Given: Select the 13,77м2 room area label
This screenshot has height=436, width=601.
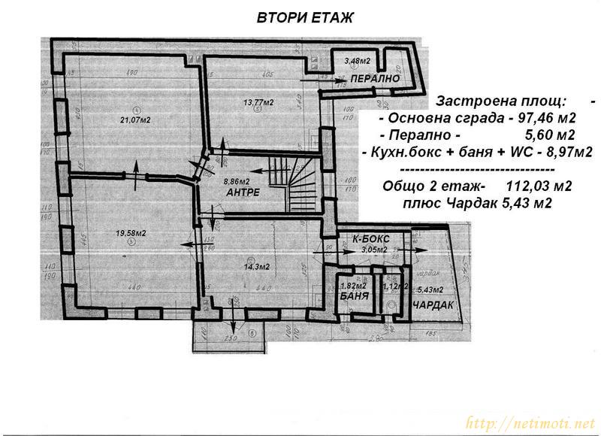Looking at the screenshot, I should (258, 102).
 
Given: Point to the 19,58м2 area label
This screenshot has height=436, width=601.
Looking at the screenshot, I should (130, 233).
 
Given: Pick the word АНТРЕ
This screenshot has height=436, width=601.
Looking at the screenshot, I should (243, 192).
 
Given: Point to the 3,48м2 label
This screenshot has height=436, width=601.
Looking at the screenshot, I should (358, 60).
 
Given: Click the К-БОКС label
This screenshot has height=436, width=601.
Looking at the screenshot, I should (370, 239).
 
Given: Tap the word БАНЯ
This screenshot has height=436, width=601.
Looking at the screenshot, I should (353, 297).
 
